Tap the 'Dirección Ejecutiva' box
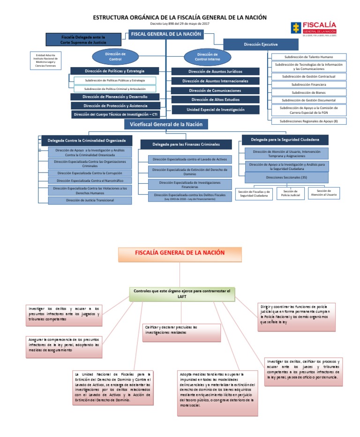[261, 44]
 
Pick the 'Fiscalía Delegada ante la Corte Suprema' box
[83, 39]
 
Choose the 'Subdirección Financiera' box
[308, 84]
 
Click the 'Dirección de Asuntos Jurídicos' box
[215, 72]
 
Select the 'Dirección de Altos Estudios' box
[215, 100]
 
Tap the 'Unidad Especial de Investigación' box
[215, 110]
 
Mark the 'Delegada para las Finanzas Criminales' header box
[186, 144]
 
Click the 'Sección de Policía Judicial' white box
[291, 193]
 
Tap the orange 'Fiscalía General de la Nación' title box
[180, 253]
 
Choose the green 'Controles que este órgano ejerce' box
[182, 294]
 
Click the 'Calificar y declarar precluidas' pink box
[181, 330]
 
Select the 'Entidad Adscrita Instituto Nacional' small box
[45, 60]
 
